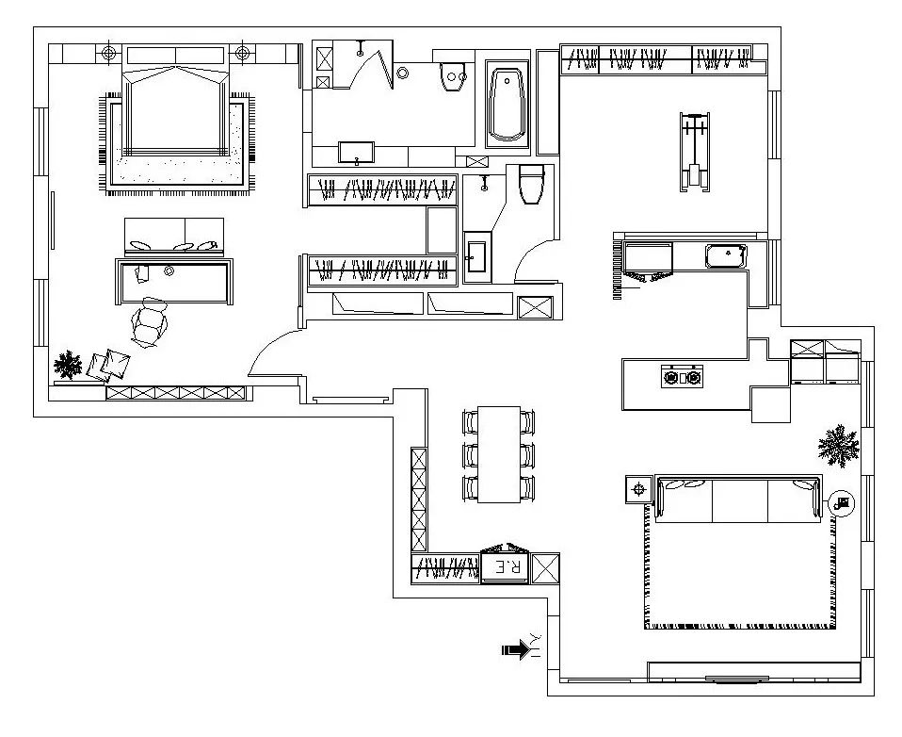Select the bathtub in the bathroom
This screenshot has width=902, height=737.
point(507,105)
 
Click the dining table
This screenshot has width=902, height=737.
point(499,454)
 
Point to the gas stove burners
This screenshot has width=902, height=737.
point(683,377)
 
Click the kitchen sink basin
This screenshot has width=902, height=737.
point(727,255)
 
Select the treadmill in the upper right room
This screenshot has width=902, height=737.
point(694,152)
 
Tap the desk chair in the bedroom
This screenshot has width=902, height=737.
point(149,323)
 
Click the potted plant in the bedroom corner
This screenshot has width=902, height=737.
point(68,365)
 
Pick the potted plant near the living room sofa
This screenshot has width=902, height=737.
point(839,446)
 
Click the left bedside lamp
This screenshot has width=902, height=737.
point(108,54)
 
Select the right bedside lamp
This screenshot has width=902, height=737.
point(243,54)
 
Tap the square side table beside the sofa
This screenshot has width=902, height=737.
point(638,490)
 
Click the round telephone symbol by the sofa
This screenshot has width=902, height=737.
point(842,504)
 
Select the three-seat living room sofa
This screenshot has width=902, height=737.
point(738,499)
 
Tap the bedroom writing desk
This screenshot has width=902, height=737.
point(174,281)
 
